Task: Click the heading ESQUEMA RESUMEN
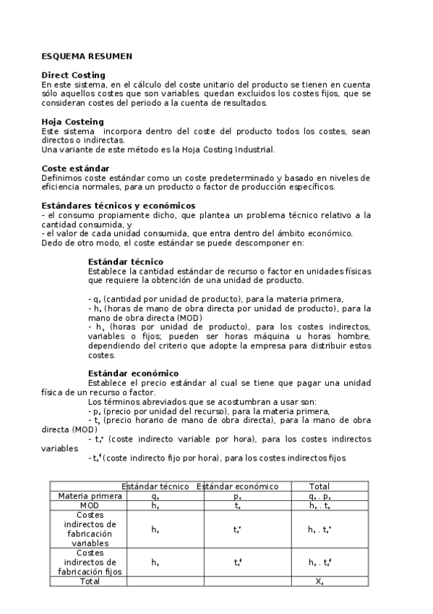[87, 56]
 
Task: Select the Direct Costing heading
[73, 75]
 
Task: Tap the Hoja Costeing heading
[72, 122]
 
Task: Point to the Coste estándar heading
[75, 169]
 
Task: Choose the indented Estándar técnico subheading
[125, 261]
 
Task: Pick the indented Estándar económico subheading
[132, 373]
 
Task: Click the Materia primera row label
[87, 497]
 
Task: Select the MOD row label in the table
[87, 506]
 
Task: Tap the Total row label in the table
[87, 581]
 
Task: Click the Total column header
[319, 487]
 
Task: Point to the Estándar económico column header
[237, 487]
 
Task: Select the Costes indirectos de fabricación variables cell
[87, 529]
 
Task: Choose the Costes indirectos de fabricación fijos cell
[87, 562]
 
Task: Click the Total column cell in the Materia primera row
[319, 497]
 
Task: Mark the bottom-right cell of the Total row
[319, 581]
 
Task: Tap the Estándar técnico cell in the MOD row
[155, 506]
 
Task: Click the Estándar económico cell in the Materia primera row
[237, 497]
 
